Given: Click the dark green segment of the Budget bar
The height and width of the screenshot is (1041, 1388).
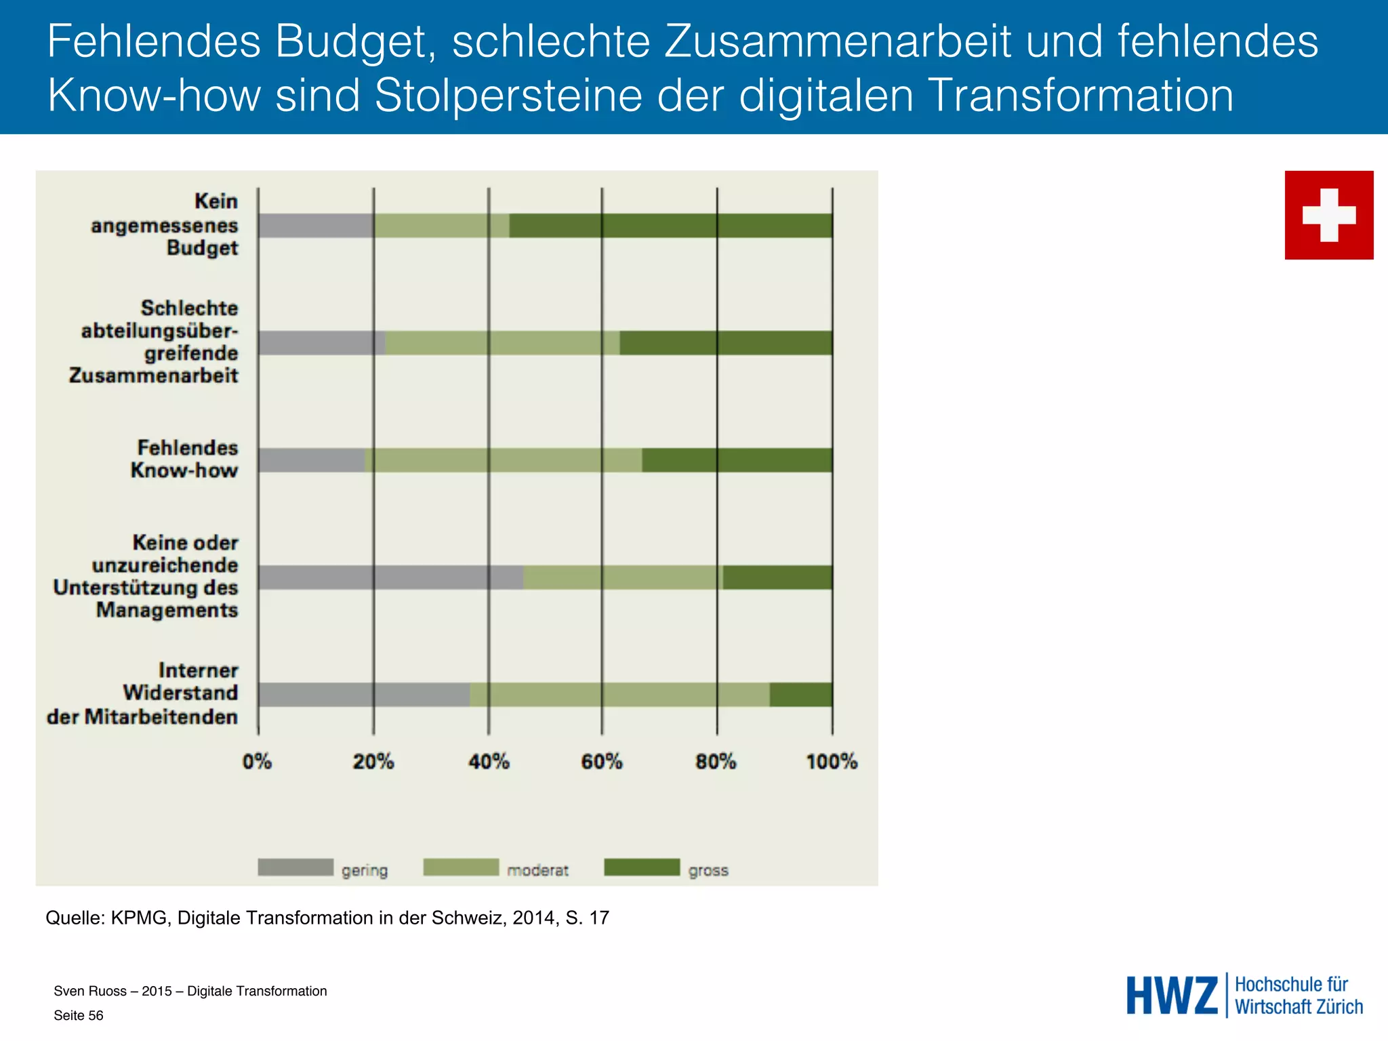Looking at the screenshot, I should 671,226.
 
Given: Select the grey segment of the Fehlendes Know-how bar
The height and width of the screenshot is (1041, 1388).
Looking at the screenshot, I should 312,460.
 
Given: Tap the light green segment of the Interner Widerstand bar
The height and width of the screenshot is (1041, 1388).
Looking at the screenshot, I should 619,695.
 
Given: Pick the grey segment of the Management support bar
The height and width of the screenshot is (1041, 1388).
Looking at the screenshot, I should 390,577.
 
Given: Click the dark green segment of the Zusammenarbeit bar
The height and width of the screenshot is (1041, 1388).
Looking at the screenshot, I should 726,343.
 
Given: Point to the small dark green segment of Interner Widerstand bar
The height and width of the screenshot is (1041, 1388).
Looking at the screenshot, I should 801,695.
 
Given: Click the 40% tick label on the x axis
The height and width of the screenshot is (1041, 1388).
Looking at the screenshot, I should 489,762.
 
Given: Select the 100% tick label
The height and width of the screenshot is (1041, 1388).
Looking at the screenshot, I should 832,762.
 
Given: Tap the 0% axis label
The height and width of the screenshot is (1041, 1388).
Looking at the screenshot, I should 258,762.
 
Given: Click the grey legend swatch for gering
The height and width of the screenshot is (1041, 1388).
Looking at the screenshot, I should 295,867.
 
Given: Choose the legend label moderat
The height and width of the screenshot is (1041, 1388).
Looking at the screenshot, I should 537,870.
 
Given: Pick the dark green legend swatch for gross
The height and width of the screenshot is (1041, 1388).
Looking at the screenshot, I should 642,867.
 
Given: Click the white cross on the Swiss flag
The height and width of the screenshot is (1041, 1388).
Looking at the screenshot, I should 1329,215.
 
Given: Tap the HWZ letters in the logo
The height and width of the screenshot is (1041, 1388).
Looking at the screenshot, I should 1172,996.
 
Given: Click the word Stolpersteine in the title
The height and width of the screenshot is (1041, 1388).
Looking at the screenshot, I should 508,95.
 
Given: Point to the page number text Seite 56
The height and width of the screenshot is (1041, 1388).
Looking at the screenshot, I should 79,1015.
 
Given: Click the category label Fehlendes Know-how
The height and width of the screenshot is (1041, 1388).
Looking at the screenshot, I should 184,459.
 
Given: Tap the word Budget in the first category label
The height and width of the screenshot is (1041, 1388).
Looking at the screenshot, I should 202,248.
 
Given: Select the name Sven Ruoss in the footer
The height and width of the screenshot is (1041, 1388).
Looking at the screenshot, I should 90,991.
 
